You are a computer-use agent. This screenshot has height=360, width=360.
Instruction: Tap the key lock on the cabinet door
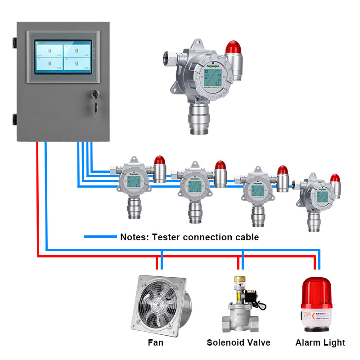point(95,95)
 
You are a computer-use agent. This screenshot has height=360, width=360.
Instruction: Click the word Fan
point(156,342)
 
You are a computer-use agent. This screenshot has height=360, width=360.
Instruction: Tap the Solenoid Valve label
point(238,342)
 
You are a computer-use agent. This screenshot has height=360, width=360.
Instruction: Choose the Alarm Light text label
point(320,342)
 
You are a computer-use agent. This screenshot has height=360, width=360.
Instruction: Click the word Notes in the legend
point(134,237)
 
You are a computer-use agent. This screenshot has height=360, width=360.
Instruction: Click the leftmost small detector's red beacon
point(160,161)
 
